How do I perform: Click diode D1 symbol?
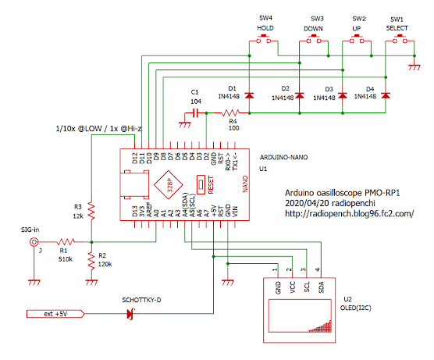click(x=249, y=95)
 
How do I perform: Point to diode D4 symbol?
click(x=387, y=95)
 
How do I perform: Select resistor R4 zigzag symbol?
click(x=232, y=113)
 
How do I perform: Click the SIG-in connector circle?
click(x=33, y=242)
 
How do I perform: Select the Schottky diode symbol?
click(x=132, y=314)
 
